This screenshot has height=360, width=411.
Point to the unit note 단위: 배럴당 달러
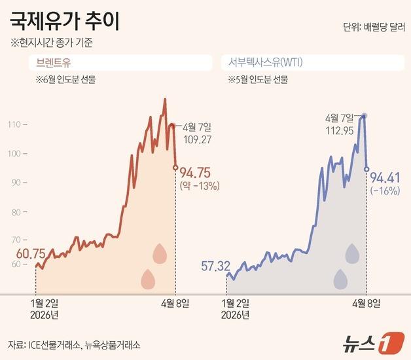pos(370,27)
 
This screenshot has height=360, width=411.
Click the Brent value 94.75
pos(194,173)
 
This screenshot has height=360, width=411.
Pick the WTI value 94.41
pos(385,177)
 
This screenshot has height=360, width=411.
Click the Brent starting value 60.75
pos(29,253)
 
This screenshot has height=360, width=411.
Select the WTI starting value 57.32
pos(215,266)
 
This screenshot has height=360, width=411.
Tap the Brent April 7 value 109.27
pos(203,139)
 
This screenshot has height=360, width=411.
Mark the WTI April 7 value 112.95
pos(340,130)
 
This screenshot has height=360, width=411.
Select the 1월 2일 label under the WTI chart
pos(236,303)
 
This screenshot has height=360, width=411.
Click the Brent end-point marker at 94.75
pos(175,168)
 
